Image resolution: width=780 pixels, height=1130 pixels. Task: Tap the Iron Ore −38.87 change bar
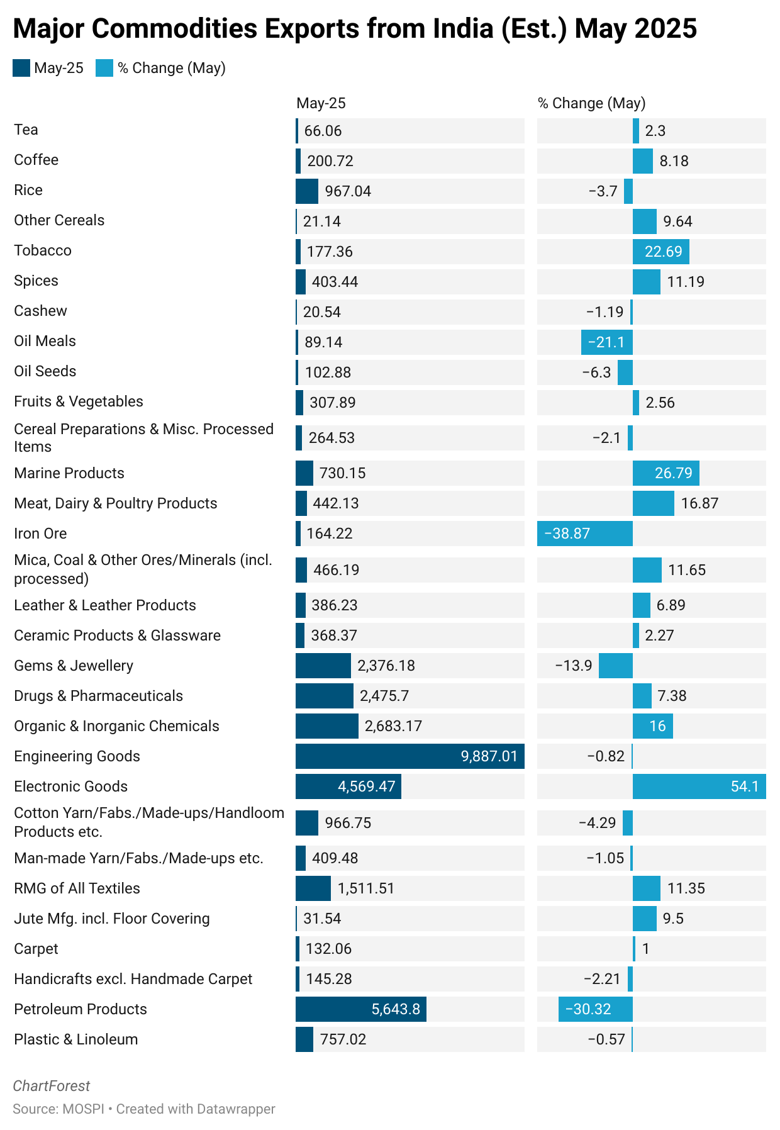click(584, 533)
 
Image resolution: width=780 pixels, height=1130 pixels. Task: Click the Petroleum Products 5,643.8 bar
click(360, 1009)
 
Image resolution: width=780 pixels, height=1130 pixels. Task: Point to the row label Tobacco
click(43, 250)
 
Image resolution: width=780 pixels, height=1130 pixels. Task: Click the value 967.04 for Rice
click(348, 191)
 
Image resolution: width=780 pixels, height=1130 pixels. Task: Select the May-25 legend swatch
click(21, 68)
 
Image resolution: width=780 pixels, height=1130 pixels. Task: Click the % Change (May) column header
click(591, 103)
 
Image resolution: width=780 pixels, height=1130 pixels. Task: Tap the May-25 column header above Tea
click(321, 103)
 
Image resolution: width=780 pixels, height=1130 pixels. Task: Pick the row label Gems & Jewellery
click(74, 666)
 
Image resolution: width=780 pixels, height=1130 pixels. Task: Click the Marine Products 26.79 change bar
click(666, 473)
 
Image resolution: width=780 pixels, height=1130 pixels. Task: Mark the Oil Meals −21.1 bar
click(606, 342)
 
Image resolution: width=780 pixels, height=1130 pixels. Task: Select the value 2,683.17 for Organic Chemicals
click(393, 726)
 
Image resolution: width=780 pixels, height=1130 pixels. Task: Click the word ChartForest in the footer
click(51, 1086)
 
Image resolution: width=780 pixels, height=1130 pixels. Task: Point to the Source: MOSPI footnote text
click(58, 1109)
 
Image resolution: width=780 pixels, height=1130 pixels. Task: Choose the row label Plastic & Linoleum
click(75, 1039)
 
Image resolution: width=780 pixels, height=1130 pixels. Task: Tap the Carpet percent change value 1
click(645, 949)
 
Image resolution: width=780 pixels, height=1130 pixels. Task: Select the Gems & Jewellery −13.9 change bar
click(615, 665)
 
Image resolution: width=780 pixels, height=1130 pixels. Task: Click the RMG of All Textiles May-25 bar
click(313, 888)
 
